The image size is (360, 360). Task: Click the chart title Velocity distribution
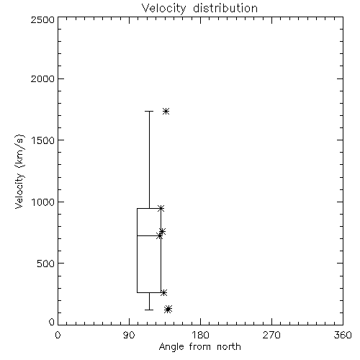[199, 9]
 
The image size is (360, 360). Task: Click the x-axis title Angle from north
[199, 347]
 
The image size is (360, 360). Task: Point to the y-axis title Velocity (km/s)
[19, 171]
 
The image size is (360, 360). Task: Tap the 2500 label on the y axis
[42, 19]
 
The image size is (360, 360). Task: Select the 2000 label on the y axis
[42, 78]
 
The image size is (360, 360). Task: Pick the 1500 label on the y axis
[43, 140]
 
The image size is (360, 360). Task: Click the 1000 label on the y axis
[43, 202]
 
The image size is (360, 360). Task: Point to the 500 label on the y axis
[46, 264]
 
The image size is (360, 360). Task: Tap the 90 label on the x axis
[129, 335]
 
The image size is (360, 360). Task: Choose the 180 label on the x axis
[200, 335]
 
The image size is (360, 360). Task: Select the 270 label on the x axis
[271, 335]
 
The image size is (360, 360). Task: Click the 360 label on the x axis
[343, 335]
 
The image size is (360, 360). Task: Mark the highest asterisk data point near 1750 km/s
[166, 112]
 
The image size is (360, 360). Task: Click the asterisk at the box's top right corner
[161, 208]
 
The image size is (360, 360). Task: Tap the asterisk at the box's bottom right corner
[163, 293]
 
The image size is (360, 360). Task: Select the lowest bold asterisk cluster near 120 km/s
[168, 310]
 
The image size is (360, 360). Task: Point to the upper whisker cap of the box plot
[149, 112]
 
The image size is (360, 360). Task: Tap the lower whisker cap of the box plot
[149, 310]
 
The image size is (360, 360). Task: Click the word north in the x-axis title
[229, 347]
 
